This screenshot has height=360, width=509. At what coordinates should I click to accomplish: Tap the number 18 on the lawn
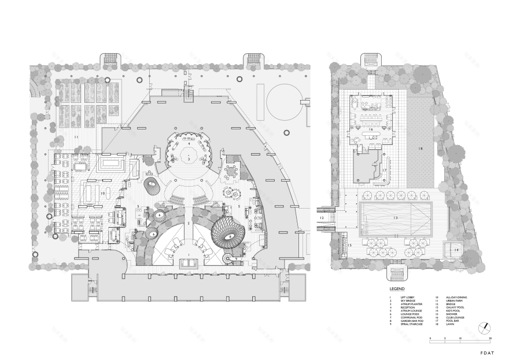pos(421,149)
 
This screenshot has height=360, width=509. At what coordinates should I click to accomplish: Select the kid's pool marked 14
pos(456,249)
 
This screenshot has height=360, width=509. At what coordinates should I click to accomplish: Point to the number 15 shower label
pos(350,246)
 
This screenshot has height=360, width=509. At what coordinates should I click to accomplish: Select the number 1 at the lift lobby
pos(188,255)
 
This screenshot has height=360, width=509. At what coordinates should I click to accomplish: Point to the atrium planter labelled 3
pos(188,157)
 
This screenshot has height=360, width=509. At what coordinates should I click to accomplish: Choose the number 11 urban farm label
pos(76,136)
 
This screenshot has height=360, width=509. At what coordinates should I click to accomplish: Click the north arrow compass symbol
pos(484,328)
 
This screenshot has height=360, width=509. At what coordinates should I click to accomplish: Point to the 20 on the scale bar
pos(490,337)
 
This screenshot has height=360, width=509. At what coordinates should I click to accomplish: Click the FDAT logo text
pos(488,349)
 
